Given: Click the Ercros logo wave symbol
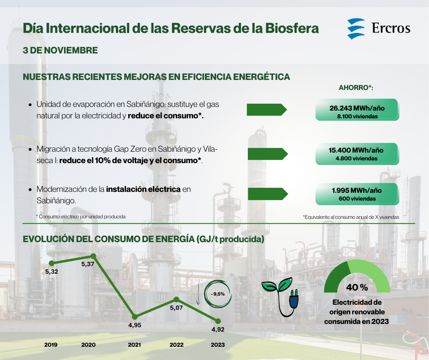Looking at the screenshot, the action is (356, 28).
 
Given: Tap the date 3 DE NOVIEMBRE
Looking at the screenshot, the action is (60, 50).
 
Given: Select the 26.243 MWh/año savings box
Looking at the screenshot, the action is (357, 110).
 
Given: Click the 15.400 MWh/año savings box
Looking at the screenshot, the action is (357, 154).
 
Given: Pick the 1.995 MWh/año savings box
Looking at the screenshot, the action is (357, 194).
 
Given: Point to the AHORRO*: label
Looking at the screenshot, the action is (356, 88).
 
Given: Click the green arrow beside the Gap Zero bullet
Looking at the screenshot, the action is (267, 154).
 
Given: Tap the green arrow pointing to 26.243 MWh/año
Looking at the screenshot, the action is (267, 110).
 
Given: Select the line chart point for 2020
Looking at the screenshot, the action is (93, 256).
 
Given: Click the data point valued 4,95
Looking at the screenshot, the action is (135, 317).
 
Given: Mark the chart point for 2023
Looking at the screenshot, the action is (218, 321).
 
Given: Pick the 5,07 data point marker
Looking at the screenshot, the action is (177, 299).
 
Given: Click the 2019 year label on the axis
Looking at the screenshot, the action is (51, 344).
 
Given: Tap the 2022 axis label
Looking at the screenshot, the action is (177, 344).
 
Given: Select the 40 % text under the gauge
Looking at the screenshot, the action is (357, 287).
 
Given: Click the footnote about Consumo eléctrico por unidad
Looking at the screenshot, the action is (81, 217).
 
